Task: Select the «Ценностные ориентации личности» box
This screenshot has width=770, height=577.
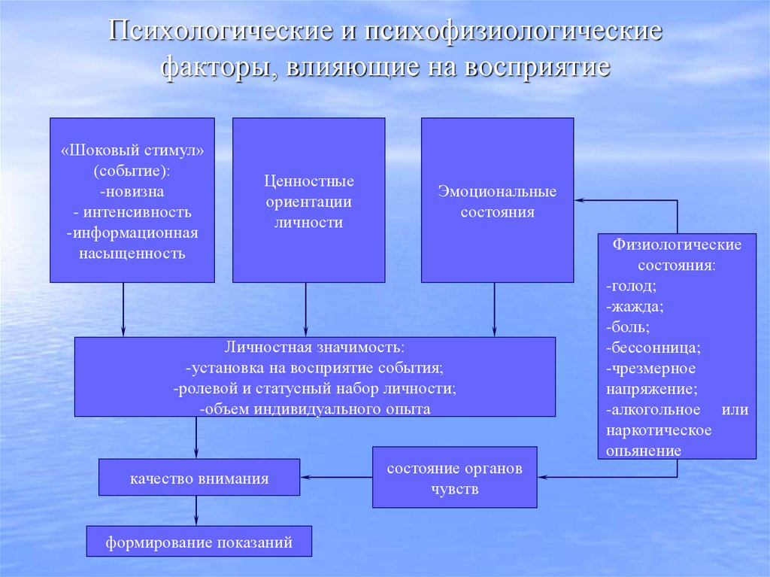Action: [308, 201]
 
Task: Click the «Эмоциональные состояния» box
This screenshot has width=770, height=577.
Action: [497, 201]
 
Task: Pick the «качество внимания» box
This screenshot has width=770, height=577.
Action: [199, 478]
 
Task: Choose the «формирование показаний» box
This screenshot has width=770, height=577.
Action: [199, 542]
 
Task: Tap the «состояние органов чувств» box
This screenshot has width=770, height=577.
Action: [454, 478]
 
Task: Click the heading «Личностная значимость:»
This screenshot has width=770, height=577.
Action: [314, 348]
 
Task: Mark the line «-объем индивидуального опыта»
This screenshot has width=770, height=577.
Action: [314, 409]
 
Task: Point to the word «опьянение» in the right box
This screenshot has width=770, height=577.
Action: [644, 451]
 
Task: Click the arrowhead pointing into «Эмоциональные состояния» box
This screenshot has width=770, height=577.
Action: [580, 200]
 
